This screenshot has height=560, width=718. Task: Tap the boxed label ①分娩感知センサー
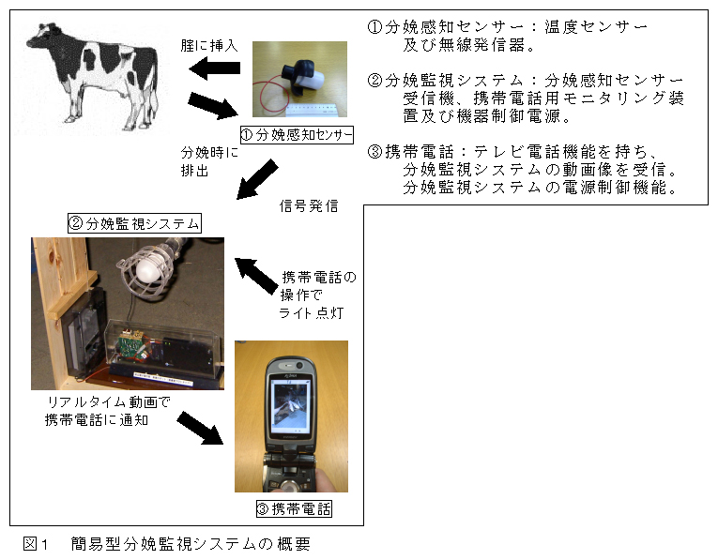tap(297, 135)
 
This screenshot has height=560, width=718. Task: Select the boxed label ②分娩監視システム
tap(134, 224)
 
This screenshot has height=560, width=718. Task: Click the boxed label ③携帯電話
tap(294, 508)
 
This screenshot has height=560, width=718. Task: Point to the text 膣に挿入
tap(209, 46)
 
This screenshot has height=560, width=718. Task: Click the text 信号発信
tap(309, 205)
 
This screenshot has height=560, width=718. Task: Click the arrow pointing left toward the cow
tap(214, 68)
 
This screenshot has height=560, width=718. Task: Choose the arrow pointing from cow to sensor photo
tap(213, 106)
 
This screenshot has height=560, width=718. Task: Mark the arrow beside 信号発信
tap(257, 179)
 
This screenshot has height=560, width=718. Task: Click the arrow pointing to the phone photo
tap(200, 428)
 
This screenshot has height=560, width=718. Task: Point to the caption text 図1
tap(36, 543)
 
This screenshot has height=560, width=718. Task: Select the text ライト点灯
tap(312, 313)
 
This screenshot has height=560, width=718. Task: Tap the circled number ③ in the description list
tap(374, 151)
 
